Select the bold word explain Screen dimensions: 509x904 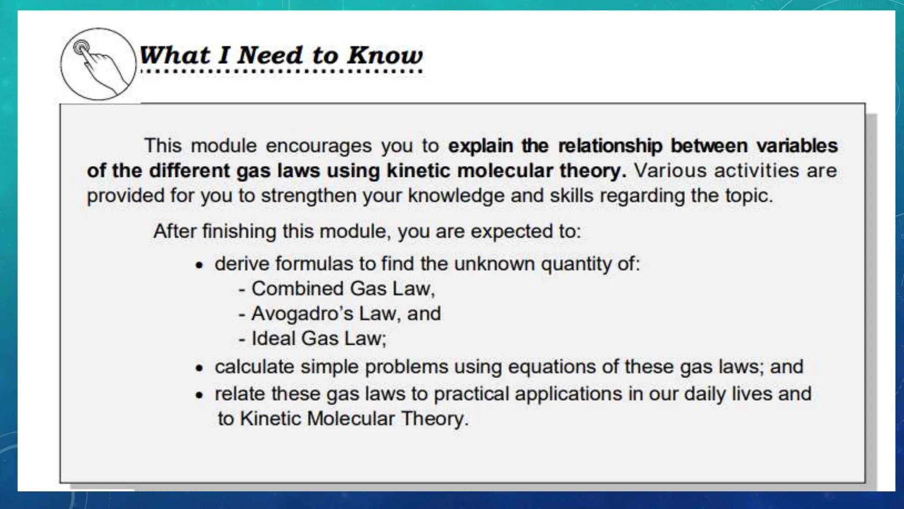480,146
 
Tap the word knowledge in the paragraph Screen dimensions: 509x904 456,196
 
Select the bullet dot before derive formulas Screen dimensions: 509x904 200,266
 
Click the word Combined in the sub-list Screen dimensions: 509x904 298,289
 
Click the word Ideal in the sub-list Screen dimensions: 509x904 273,338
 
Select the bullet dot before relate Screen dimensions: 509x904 200,395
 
